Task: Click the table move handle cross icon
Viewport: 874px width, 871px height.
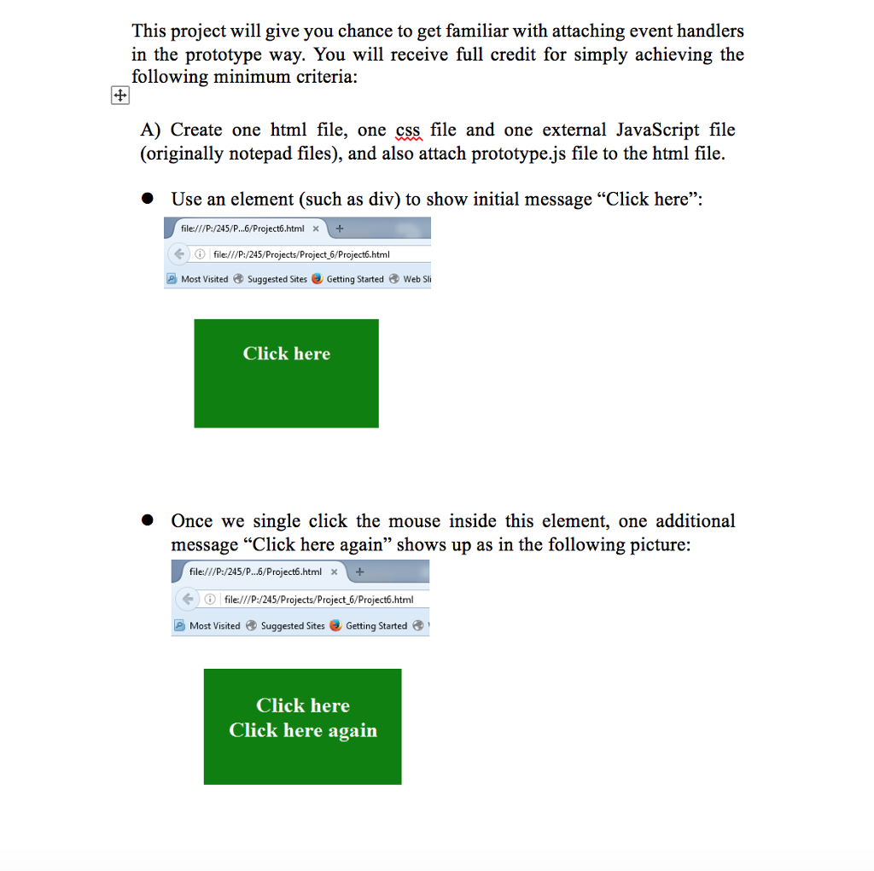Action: [119, 96]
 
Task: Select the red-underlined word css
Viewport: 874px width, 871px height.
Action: [408, 131]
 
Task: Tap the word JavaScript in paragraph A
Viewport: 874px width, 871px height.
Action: [657, 131]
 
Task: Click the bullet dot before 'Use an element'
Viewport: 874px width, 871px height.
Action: [147, 199]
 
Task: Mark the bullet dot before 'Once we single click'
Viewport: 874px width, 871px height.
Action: [147, 520]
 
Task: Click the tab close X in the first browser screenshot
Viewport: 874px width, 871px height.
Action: [316, 229]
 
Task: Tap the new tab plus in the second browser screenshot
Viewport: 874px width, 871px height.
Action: [359, 572]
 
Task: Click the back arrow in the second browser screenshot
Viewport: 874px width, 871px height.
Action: [188, 599]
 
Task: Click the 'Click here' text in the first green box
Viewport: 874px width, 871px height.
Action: [287, 353]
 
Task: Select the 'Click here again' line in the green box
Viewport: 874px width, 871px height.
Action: [303, 730]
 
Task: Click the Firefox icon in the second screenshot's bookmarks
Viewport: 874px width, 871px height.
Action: [335, 625]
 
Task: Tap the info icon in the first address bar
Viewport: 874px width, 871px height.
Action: [200, 254]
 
